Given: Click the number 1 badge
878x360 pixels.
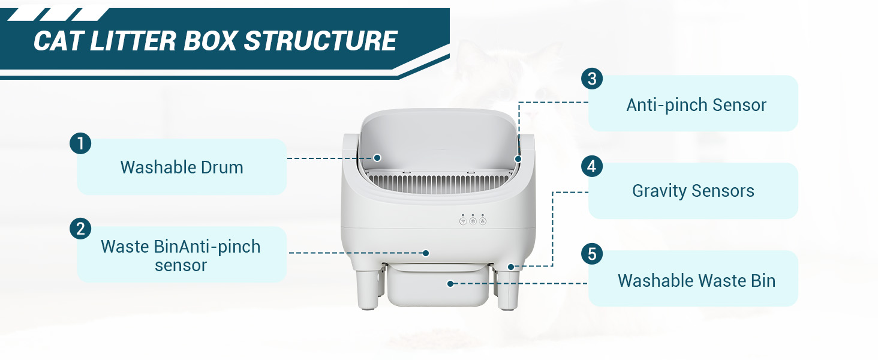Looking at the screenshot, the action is pos(80,143).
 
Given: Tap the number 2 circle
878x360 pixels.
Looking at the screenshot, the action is pos(80,229).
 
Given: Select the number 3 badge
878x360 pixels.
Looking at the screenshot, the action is pos(592,79).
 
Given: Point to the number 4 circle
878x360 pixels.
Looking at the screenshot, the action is pos(592,166).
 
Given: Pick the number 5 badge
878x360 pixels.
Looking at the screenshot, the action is pos(592,254).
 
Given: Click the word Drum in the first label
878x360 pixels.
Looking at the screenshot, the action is pos(222,167).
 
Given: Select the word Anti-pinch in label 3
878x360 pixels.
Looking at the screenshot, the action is pos(667,105).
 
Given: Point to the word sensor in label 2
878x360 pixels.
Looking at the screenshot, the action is pos(181,265).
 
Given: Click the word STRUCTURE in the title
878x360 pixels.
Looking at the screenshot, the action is pos(321,41).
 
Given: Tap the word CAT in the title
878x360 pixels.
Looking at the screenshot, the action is pos(58,41).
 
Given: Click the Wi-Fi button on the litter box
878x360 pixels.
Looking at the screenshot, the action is pos(463,221).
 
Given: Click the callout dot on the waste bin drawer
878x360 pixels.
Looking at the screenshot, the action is pos(451,284).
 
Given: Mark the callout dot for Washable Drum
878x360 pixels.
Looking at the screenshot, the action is pos(377,158).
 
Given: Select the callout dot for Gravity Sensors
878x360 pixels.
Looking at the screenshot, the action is pos(511,267).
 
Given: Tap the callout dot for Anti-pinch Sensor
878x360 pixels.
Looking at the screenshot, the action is pos(518,159).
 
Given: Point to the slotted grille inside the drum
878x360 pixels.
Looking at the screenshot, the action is pos(440,184).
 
